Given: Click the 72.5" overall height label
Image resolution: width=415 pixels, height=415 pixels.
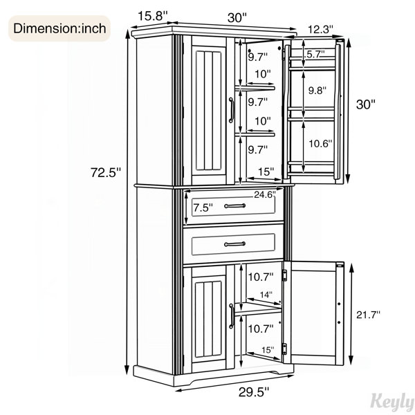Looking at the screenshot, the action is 106,172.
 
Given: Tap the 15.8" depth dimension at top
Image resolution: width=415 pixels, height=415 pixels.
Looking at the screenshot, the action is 153,17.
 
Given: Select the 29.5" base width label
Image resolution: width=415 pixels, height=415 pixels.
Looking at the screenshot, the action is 254,392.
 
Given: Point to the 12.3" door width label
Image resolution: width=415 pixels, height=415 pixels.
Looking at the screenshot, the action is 320,29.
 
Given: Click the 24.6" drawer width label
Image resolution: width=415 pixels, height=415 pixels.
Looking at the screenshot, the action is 265,195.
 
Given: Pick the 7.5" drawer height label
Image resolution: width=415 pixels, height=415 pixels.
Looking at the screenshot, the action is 203,207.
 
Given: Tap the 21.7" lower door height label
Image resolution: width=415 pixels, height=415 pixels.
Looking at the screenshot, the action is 368,315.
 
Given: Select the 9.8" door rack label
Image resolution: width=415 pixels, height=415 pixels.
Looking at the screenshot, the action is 317,91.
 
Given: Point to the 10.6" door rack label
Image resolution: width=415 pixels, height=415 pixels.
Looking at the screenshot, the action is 320,144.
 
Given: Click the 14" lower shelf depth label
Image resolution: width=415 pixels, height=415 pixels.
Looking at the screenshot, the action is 266,295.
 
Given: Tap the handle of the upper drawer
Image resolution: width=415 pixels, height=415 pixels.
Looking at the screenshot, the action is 234,205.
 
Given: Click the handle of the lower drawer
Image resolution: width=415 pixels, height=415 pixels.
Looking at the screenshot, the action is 234,244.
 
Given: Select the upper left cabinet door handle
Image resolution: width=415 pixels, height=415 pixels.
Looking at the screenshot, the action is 231,110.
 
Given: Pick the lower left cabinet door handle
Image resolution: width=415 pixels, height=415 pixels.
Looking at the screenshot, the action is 231,316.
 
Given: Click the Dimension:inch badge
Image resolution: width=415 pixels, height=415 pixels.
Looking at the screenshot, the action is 59,28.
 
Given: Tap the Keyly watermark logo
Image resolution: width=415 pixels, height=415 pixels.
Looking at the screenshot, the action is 392,401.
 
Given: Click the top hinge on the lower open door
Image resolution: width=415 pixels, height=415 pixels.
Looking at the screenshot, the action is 285,275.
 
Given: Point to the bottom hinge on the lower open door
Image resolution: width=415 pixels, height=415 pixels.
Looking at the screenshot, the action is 284,349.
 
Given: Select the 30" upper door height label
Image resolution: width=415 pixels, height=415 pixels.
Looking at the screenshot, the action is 366,104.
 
